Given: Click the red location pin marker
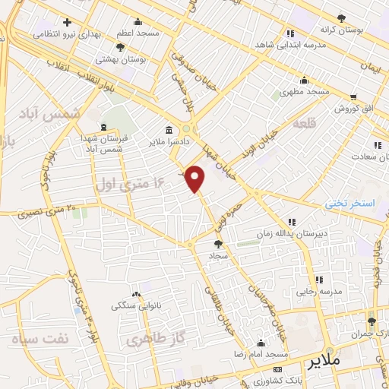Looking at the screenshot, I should tap(196, 179).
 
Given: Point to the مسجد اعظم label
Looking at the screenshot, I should tap(138, 33).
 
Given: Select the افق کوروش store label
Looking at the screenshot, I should tap(353, 109).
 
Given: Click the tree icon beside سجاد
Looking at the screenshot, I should tap(219, 244).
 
